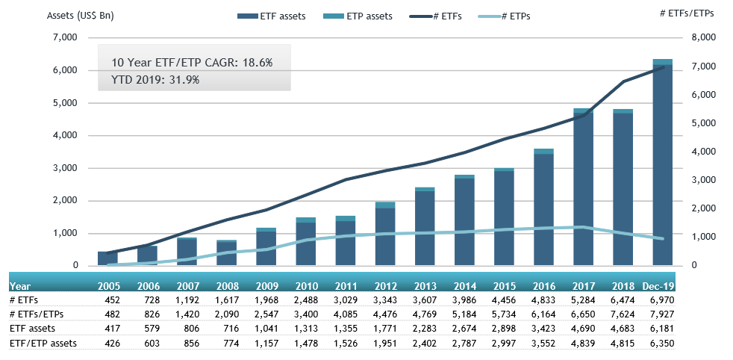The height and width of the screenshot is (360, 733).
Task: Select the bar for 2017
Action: point(583,187)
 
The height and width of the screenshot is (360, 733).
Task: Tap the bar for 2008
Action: point(226,252)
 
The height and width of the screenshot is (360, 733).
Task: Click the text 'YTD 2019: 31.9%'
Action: point(155,79)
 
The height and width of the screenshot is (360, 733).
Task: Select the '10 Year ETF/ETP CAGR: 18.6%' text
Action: point(192,63)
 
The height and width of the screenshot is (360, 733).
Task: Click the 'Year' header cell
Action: point(20,285)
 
